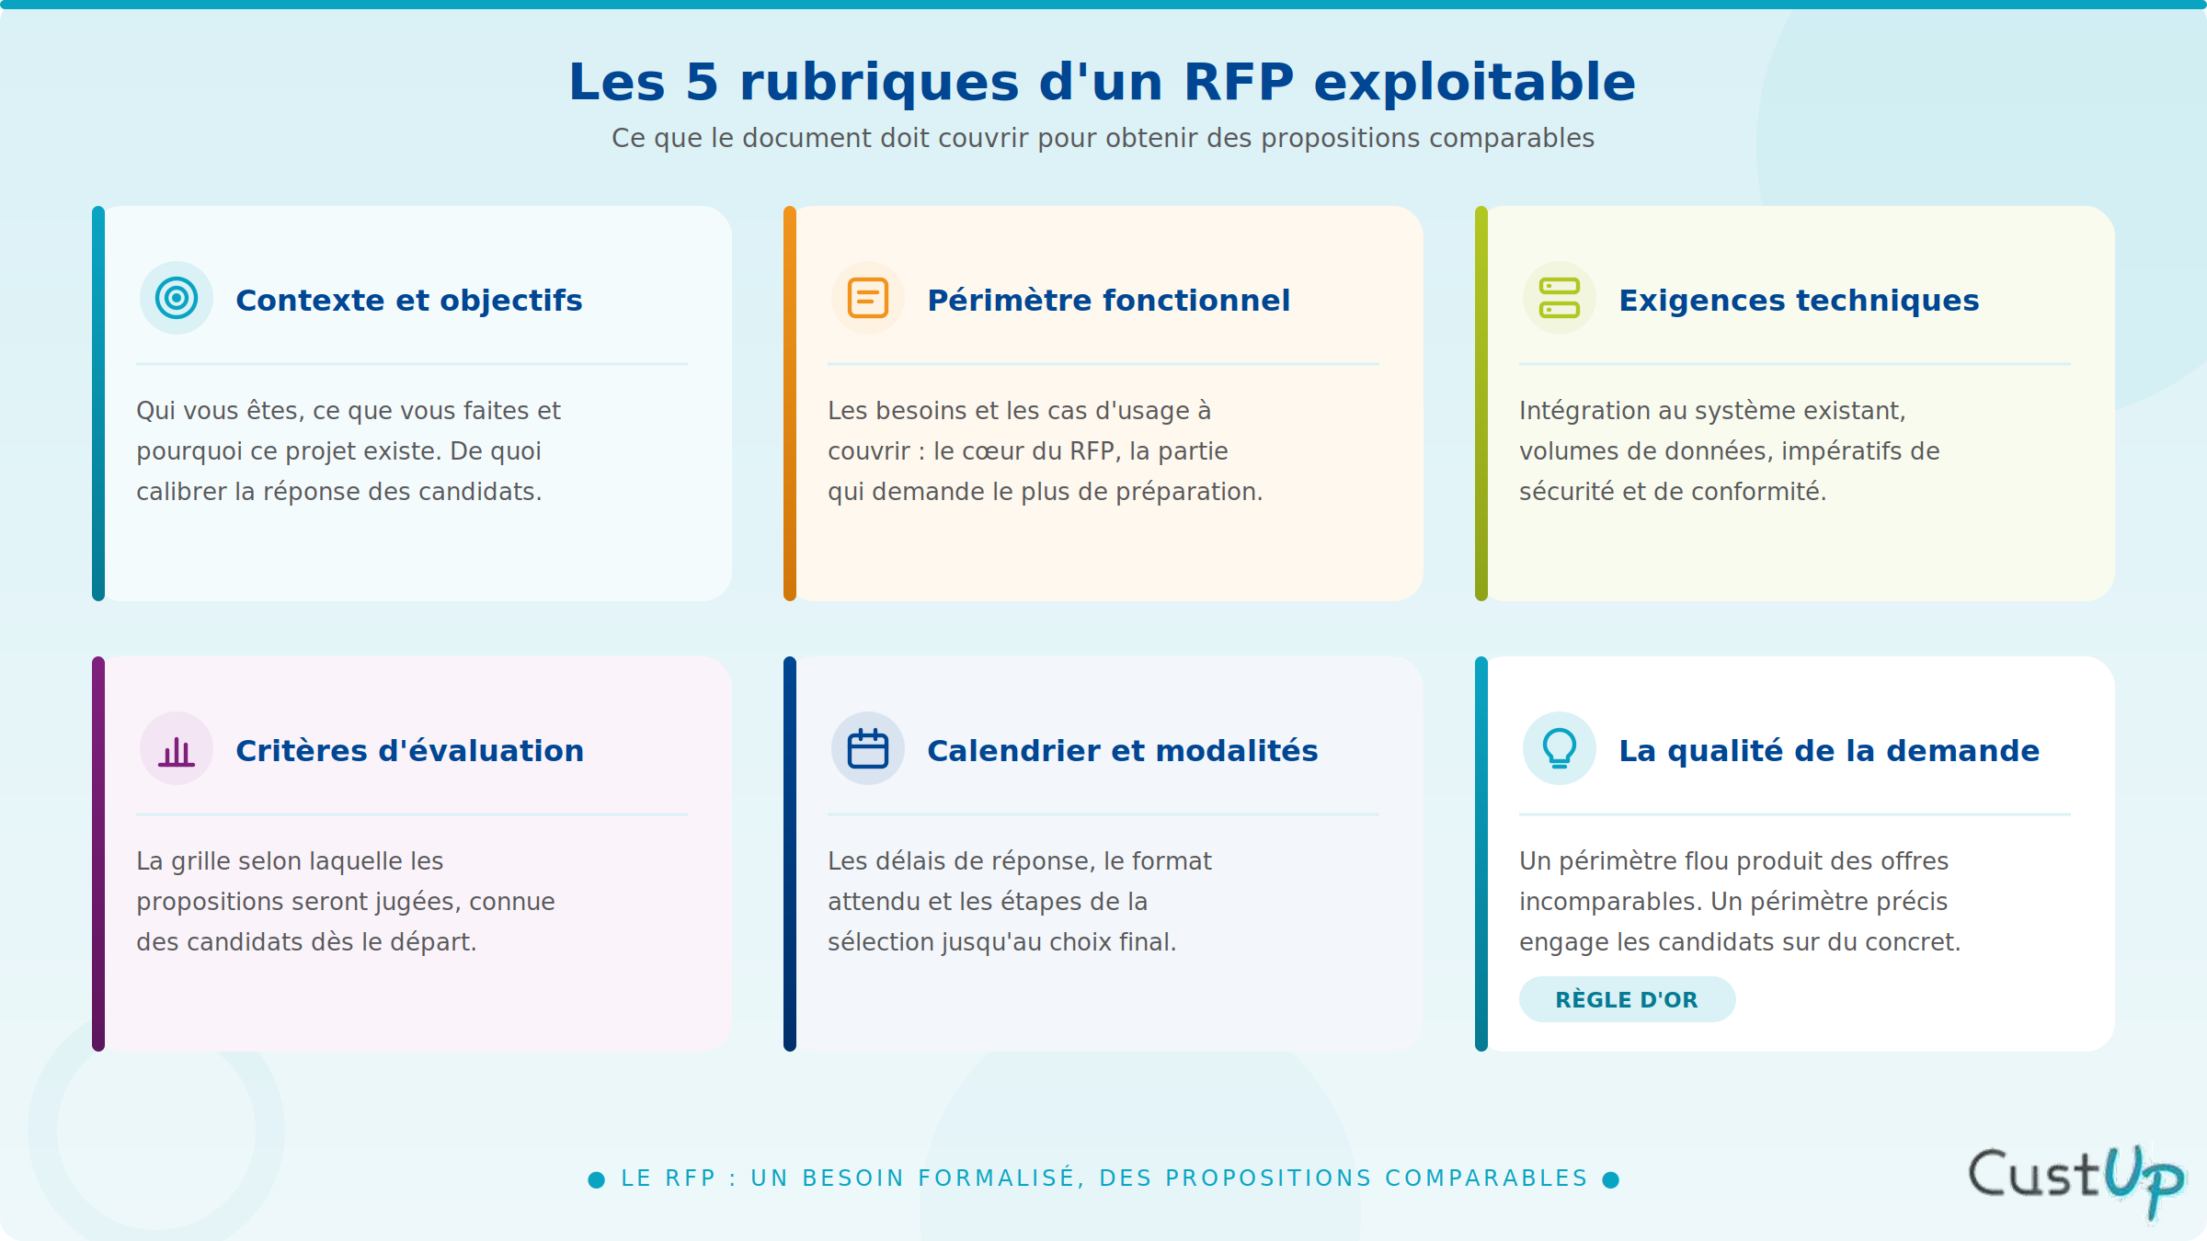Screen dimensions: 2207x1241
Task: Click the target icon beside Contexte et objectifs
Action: click(x=177, y=298)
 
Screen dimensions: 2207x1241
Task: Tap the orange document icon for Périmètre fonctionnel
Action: click(x=868, y=298)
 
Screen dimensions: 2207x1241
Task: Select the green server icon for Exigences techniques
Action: click(x=1560, y=298)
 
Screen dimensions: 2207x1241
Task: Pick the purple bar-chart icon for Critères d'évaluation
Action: click(x=177, y=751)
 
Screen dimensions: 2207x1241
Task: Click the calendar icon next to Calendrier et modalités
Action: click(x=868, y=748)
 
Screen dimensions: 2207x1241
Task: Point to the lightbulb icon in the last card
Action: click(x=1560, y=748)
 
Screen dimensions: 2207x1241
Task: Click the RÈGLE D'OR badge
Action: click(x=1627, y=999)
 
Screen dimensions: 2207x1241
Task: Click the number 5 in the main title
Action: click(x=702, y=82)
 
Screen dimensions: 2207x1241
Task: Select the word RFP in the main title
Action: click(x=1239, y=82)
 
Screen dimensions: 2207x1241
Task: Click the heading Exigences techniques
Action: click(x=1799, y=301)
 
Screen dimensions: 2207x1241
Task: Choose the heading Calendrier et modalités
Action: click(x=1123, y=751)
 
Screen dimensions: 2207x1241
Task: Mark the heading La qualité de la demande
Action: click(x=1829, y=751)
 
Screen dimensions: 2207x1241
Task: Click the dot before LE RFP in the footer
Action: click(x=597, y=1179)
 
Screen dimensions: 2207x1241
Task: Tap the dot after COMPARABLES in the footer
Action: click(x=1611, y=1179)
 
